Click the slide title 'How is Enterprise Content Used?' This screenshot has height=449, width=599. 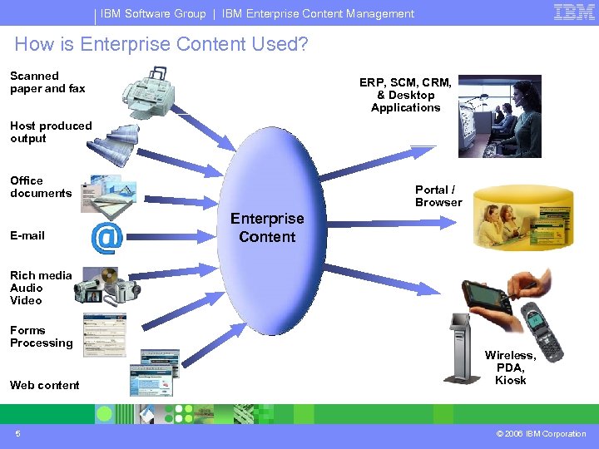(161, 44)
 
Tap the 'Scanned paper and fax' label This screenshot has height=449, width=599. (47, 82)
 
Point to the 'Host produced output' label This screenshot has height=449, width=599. (51, 132)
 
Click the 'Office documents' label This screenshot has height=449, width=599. (41, 186)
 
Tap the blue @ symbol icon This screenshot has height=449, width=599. (106, 238)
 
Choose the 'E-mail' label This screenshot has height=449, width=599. (27, 235)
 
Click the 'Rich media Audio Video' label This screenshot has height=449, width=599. (41, 288)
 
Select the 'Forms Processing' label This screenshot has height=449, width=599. (42, 336)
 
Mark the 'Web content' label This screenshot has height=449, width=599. (45, 385)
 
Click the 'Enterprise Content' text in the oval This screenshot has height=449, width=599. (267, 227)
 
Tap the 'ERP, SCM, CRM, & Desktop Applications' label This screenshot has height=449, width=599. (405, 95)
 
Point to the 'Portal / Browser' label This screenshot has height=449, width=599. (438, 195)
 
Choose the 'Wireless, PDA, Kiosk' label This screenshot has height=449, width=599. (510, 368)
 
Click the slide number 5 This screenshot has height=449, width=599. (17, 433)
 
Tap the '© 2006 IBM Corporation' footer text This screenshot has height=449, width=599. (541, 433)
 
